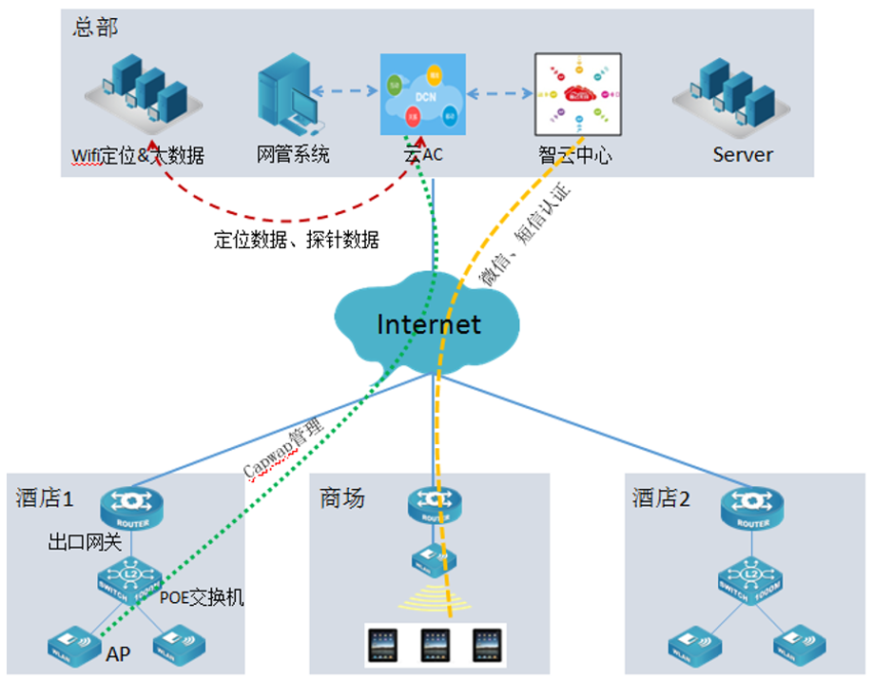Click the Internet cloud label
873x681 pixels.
click(429, 324)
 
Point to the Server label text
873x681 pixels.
click(743, 154)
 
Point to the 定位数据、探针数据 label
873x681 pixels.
click(297, 241)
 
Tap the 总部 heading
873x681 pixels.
click(95, 27)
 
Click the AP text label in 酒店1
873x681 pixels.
click(118, 654)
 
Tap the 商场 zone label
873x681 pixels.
click(341, 497)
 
